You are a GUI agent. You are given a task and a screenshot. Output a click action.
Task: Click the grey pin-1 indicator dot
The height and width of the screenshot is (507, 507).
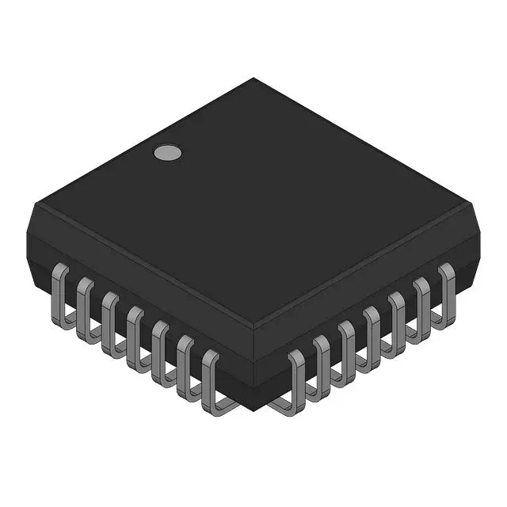pyautogui.click(x=166, y=153)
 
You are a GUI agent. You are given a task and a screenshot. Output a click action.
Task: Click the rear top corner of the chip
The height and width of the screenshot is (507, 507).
pyautogui.click(x=253, y=78)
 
